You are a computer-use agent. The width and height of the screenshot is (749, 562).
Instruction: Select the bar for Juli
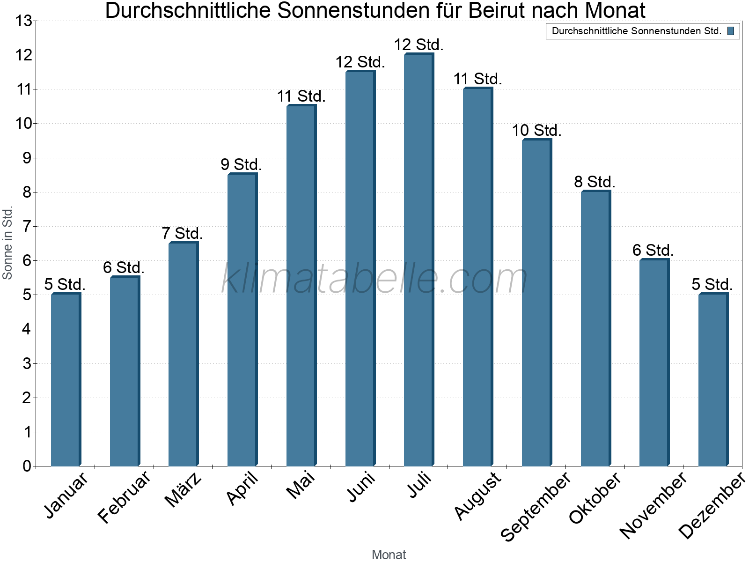[x=419, y=259]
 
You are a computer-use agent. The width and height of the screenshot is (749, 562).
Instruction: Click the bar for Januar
[x=66, y=379]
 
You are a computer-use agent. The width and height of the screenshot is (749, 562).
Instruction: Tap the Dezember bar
[x=713, y=379]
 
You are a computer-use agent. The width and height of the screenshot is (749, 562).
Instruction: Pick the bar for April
[x=242, y=319]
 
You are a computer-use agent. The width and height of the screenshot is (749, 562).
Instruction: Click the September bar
[x=537, y=303]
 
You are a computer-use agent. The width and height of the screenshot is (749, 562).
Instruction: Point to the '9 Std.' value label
[x=241, y=164]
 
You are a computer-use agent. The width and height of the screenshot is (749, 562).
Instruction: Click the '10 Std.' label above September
[x=537, y=130]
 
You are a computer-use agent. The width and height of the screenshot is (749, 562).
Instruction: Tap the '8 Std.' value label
[x=595, y=182]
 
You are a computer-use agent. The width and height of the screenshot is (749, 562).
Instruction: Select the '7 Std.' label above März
[x=182, y=233]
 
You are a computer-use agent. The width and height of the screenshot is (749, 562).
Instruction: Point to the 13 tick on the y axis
[x=24, y=21]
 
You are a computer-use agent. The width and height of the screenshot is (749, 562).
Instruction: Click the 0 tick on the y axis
[x=27, y=466]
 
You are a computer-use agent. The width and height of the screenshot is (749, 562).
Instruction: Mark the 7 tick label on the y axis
[x=27, y=227]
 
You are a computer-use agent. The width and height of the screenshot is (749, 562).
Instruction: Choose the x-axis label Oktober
[x=595, y=498]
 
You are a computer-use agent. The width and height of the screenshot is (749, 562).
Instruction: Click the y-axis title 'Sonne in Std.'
[x=7, y=243]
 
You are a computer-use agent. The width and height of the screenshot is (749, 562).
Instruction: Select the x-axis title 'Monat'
[x=389, y=555]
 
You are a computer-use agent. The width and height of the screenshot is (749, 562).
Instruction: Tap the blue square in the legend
[x=731, y=31]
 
